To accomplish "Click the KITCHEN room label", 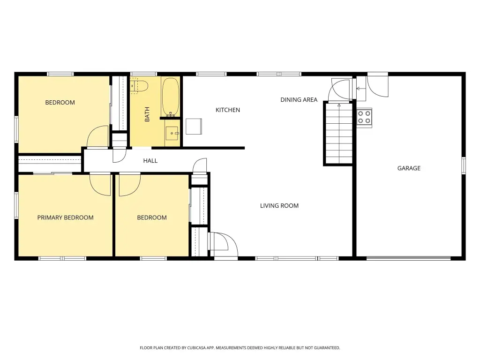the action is pyautogui.click(x=227, y=110).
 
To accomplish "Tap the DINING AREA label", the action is pyautogui.click(x=299, y=99).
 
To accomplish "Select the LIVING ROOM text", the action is pyautogui.click(x=279, y=206).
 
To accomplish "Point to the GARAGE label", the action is pyautogui.click(x=409, y=168).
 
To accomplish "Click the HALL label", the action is pyautogui.click(x=150, y=161).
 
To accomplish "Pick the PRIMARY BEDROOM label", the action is pyautogui.click(x=65, y=217).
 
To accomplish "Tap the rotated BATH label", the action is pyautogui.click(x=147, y=114).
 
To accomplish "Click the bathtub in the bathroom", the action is pyautogui.click(x=170, y=97).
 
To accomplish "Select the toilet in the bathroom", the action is pyautogui.click(x=139, y=86).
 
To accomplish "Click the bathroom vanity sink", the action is pyautogui.click(x=172, y=133).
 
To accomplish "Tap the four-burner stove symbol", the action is pyautogui.click(x=364, y=117).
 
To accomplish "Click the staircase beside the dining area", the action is pyautogui.click(x=339, y=134).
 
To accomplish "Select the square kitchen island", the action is pyautogui.click(x=194, y=127).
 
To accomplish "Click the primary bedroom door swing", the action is pyautogui.click(x=100, y=185).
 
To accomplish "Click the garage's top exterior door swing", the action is pyautogui.click(x=378, y=86).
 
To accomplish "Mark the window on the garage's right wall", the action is pyautogui.click(x=464, y=165).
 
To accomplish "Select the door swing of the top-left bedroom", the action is pyautogui.click(x=97, y=136).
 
